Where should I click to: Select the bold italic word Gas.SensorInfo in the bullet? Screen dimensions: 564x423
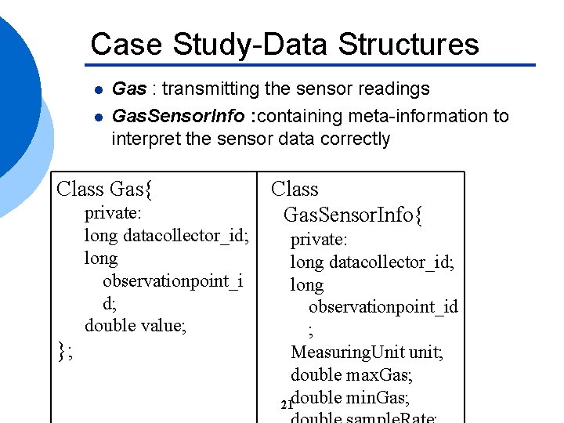pyautogui.click(x=178, y=117)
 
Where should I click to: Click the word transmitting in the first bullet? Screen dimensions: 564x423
pyautogui.click(x=206, y=89)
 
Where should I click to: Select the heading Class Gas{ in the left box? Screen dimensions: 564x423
pyautogui.click(x=105, y=189)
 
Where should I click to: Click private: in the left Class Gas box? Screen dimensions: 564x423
pyautogui.click(x=117, y=213)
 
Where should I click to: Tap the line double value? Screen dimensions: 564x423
pyautogui.click(x=136, y=325)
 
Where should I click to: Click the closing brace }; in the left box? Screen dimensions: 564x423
pyautogui.click(x=66, y=349)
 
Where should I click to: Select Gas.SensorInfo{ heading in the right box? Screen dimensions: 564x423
pyautogui.click(x=353, y=215)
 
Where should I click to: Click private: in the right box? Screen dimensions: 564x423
pyautogui.click(x=319, y=239)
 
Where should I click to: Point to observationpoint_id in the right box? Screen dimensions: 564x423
pyautogui.click(x=383, y=306)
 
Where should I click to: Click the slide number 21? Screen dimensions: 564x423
pyautogui.click(x=285, y=405)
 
